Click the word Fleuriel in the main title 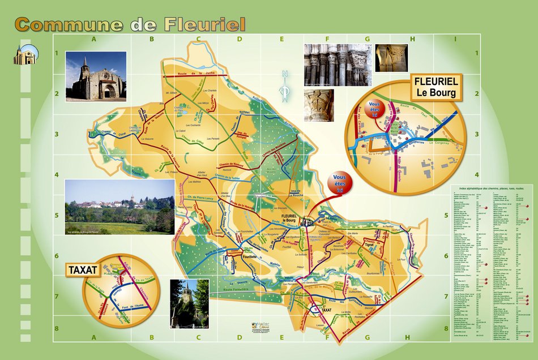[x=204, y=24]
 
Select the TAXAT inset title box [x=84, y=270]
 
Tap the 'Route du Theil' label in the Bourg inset [x=412, y=111]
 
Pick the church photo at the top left [x=96, y=76]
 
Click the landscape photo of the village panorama [x=119, y=207]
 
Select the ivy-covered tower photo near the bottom [x=189, y=303]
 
